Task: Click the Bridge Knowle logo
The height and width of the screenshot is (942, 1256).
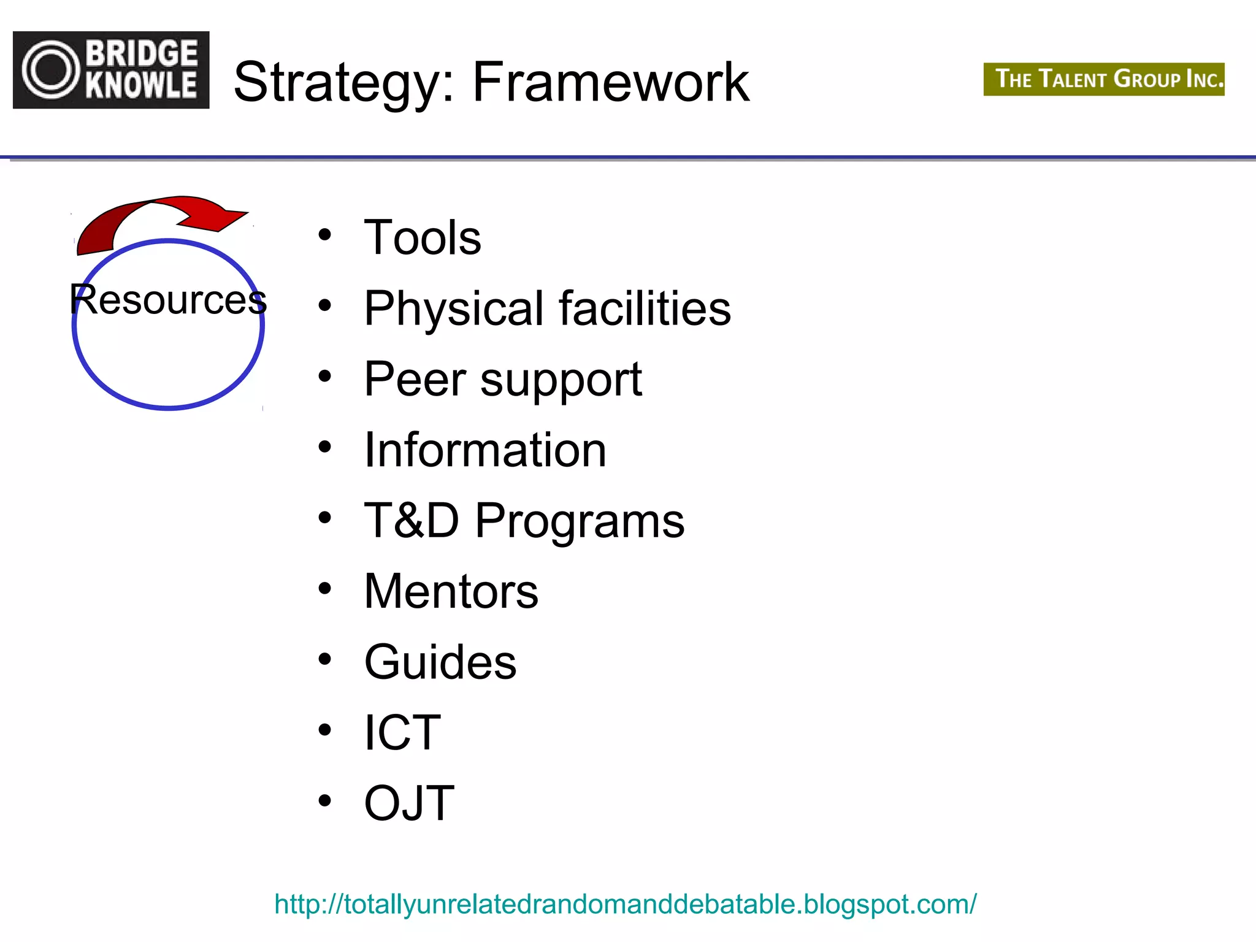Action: point(111,70)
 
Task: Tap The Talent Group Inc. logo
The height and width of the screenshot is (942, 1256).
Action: point(1103,79)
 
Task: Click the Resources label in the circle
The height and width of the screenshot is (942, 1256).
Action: point(168,300)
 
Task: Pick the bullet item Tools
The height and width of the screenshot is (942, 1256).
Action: point(423,238)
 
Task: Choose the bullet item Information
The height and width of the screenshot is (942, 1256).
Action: point(485,450)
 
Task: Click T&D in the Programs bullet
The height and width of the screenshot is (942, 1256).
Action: point(412,521)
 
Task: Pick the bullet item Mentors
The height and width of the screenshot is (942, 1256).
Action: point(451,592)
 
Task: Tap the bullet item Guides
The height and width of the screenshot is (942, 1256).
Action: point(440,662)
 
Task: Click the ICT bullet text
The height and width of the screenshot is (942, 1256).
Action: point(402,733)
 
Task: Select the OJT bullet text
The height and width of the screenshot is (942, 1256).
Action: point(409,803)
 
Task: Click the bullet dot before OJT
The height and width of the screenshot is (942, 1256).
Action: point(325,800)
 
